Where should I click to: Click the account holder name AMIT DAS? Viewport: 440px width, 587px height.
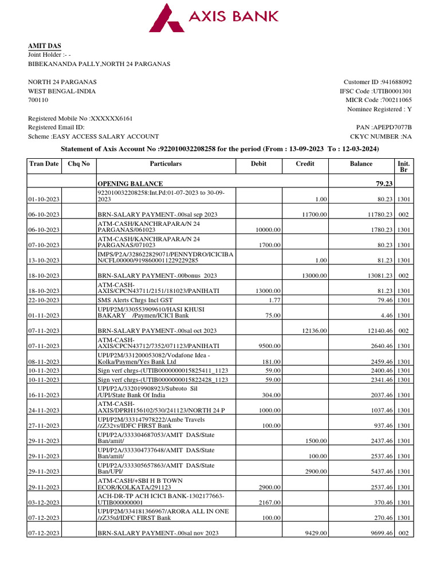[45, 46]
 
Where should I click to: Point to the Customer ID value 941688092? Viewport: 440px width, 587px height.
[394, 82]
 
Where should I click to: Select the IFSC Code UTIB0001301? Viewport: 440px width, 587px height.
[392, 91]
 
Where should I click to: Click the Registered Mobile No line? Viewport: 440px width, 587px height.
[80, 118]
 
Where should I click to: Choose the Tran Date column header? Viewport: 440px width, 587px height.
[44, 164]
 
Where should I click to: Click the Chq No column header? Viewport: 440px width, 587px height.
[78, 164]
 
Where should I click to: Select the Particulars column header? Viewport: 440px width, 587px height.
[166, 164]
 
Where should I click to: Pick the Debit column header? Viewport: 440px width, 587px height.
[259, 164]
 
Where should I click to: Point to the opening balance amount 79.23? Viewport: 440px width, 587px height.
[382, 183]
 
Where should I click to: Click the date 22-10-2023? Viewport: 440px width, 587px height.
[44, 300]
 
